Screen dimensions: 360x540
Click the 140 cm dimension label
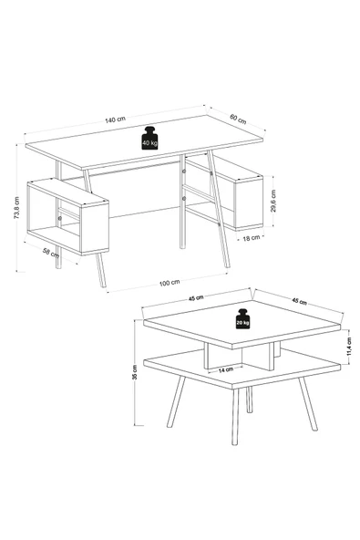click(116, 119)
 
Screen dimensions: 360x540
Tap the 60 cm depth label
click(238, 119)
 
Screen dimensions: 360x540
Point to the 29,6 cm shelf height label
click(273, 201)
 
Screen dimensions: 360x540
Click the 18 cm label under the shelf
click(252, 238)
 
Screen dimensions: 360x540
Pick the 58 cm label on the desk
click(51, 253)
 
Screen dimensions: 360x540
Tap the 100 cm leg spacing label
click(170, 283)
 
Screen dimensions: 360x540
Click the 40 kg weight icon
click(149, 138)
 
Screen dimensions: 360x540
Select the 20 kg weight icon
click(242, 319)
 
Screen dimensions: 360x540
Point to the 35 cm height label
click(135, 372)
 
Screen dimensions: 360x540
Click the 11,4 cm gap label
click(349, 347)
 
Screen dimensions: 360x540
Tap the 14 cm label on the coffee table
click(226, 369)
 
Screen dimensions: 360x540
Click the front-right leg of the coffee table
click(308, 403)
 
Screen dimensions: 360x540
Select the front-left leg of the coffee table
click(235, 417)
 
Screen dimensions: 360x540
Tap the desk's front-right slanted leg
click(218, 210)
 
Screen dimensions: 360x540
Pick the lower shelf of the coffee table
click(242, 368)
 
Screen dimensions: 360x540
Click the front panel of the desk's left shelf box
click(95, 227)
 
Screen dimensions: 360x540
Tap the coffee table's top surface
click(242, 323)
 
